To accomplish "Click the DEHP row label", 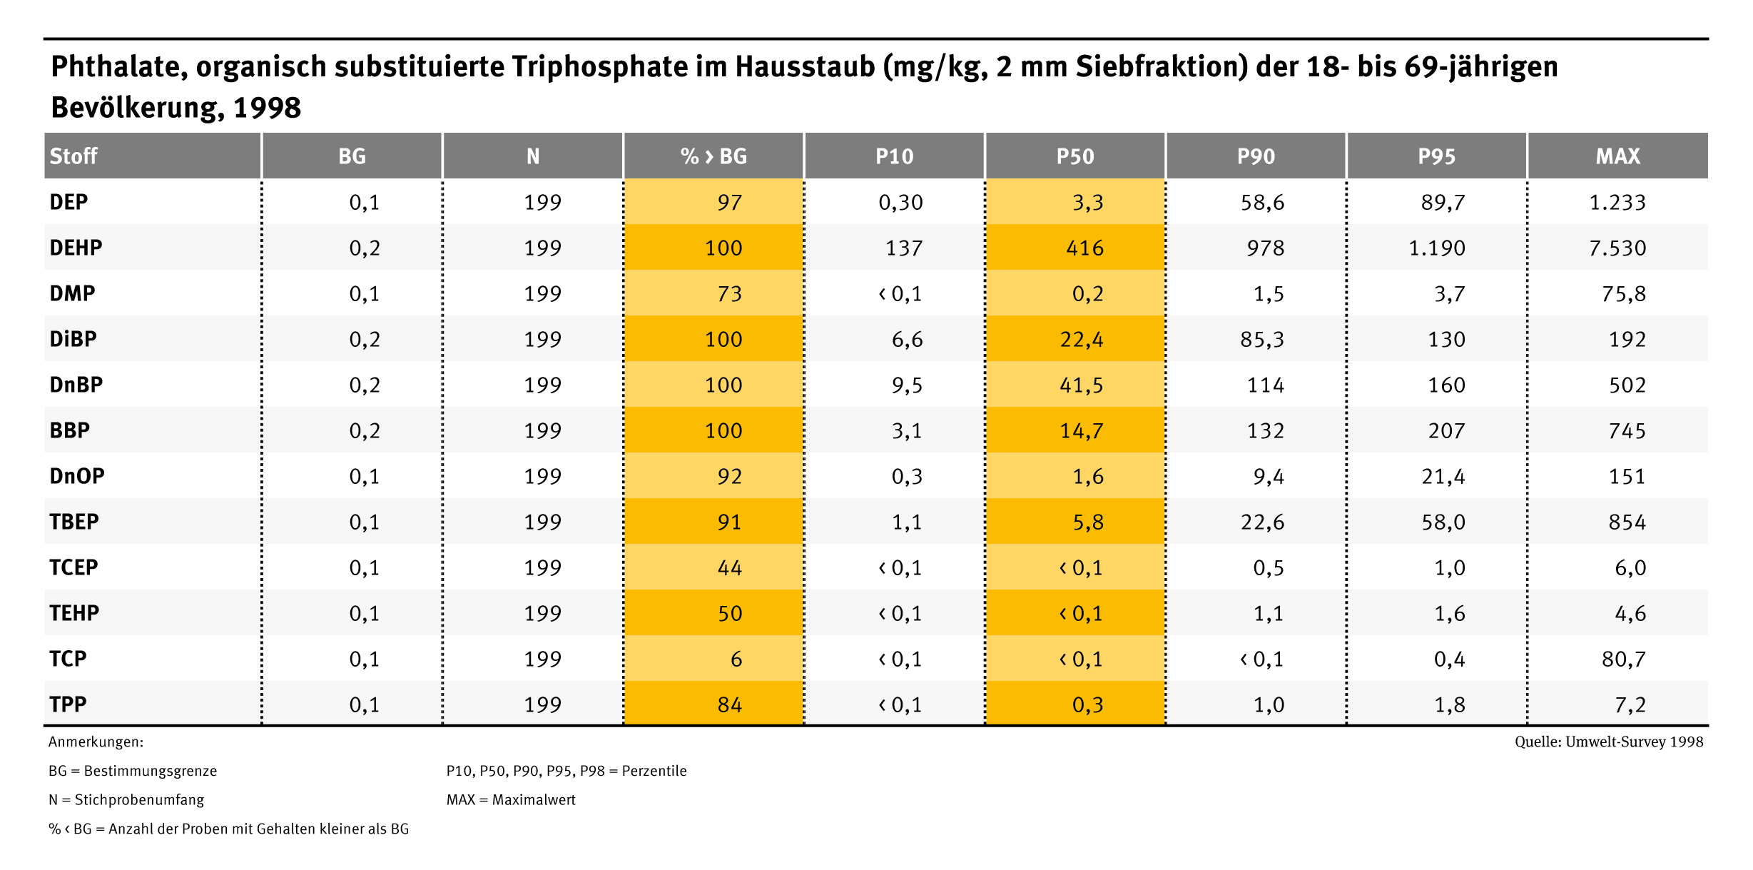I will tap(76, 248).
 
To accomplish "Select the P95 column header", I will tap(1436, 156).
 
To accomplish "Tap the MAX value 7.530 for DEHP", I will tap(1617, 248).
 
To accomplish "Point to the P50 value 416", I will tap(1084, 248).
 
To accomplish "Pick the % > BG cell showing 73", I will tap(729, 293).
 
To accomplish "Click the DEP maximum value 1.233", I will tap(1617, 202).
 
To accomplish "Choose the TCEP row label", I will tap(73, 567).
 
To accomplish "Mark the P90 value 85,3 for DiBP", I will tap(1262, 339).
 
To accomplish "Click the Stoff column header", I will tap(73, 156).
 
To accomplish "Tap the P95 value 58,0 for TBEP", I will tap(1443, 522).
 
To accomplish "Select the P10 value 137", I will tap(904, 248).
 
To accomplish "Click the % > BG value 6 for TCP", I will tap(736, 659).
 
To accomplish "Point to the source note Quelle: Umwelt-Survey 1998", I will tap(1609, 742).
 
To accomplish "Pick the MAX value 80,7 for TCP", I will tap(1624, 659).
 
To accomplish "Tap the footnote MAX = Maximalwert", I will tap(511, 800).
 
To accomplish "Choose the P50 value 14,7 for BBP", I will tap(1082, 430).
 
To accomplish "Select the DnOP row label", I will tap(77, 476).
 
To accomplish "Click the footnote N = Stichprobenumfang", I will tap(126, 800).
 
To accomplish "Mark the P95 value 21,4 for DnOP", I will tap(1443, 476).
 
